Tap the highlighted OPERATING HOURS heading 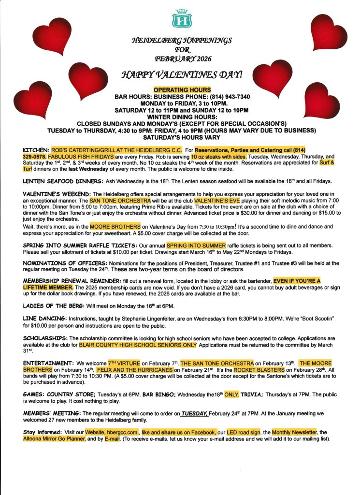click(x=182, y=90)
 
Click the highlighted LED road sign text click(x=244, y=432)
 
